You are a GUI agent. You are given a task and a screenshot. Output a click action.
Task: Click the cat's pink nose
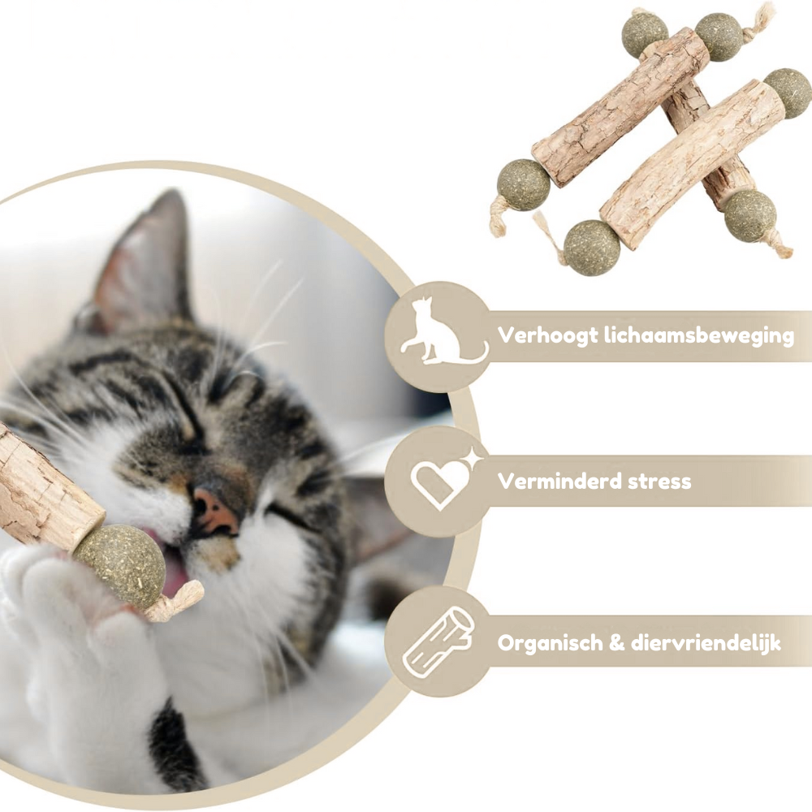point(214,512)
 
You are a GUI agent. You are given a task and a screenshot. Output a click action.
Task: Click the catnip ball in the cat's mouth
point(120,565)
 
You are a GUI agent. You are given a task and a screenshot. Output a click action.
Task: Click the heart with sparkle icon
point(444,478)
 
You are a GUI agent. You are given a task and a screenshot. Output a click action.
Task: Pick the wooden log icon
point(438,642)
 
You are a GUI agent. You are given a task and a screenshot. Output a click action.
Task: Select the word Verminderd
point(559,482)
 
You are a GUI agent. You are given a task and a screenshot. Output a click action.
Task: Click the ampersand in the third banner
point(616,643)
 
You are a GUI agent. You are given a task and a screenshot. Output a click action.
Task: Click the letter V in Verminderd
point(506,482)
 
